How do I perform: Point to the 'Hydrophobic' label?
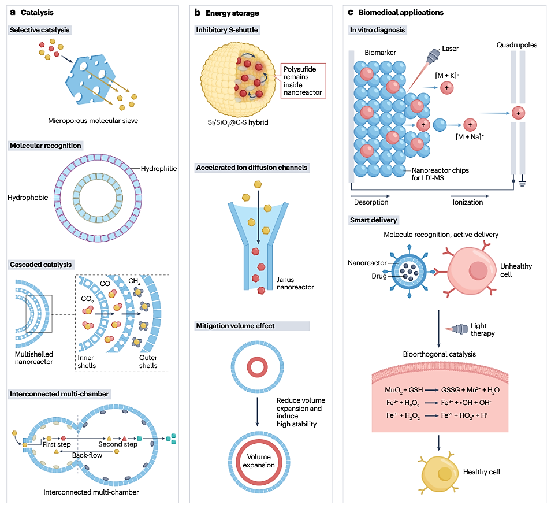28,198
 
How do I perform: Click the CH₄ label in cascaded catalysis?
135,281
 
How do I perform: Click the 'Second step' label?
119,444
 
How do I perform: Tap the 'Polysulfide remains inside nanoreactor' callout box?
303,80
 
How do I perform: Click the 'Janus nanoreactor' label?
295,283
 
